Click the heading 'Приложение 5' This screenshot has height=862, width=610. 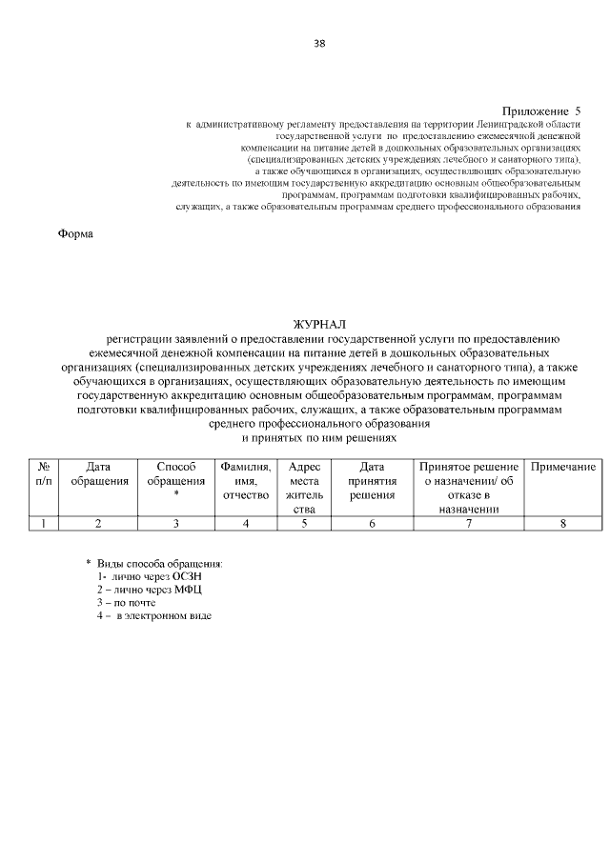540,112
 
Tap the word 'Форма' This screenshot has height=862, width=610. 76,234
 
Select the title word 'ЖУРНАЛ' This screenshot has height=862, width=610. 319,325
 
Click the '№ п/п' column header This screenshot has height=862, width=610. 44,474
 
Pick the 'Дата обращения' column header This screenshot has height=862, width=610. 99,474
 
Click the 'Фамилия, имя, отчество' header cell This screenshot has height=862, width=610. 246,481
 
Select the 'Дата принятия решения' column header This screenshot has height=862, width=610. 372,481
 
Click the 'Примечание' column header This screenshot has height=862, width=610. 563,467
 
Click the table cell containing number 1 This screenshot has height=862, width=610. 44,523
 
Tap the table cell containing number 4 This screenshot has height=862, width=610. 246,523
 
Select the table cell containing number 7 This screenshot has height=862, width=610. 469,523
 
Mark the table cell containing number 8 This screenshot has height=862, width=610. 563,523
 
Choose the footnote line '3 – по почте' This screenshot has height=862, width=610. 126,603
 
